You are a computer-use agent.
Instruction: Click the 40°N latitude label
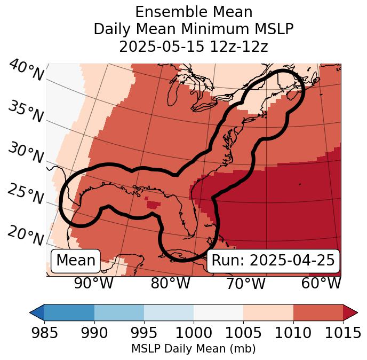point(26,71)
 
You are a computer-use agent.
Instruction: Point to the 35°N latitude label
point(26,112)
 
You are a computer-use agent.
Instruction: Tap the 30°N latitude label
point(26,154)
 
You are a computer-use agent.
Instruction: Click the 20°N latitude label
point(26,236)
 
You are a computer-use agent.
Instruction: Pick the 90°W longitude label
point(94,283)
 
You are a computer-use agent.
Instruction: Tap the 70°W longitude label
point(246,283)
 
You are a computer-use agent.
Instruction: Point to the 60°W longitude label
point(321,283)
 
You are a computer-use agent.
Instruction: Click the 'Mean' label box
point(76,261)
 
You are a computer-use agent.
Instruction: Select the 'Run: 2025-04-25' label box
point(273,261)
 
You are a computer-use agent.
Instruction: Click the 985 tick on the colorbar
point(44,333)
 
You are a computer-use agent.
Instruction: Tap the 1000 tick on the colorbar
point(194,333)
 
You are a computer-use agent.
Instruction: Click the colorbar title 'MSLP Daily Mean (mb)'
point(193,349)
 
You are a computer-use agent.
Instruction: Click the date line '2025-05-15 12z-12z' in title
point(193,46)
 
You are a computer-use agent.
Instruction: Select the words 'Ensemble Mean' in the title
point(193,12)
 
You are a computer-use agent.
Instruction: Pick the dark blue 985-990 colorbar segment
point(69,312)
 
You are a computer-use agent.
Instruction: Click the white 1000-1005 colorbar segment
point(218,312)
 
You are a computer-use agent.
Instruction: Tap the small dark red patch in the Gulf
point(153,204)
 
